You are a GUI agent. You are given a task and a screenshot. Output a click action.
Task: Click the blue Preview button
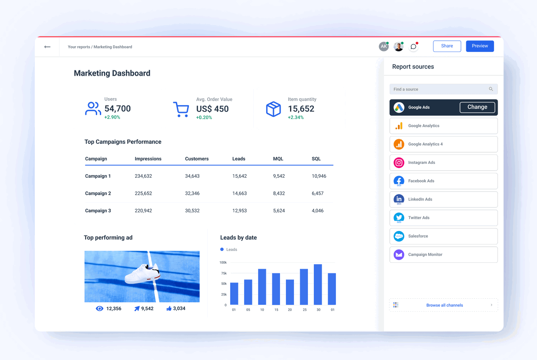click(x=480, y=46)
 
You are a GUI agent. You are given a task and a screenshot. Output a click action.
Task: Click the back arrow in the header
click(x=47, y=47)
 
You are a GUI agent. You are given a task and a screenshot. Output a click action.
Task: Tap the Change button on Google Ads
click(x=477, y=107)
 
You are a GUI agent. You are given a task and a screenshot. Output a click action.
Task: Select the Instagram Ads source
click(x=443, y=163)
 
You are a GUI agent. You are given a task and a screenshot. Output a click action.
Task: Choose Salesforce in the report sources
click(x=443, y=236)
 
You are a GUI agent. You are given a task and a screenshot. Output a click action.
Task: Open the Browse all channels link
click(x=444, y=305)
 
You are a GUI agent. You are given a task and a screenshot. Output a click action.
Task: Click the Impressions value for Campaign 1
click(x=143, y=176)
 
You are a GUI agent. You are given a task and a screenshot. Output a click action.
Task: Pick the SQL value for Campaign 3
click(x=317, y=211)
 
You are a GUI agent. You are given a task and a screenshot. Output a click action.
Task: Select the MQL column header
click(x=278, y=159)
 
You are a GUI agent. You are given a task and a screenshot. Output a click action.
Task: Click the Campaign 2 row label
click(x=98, y=193)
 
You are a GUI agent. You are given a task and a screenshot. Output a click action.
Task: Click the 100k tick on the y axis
click(x=223, y=262)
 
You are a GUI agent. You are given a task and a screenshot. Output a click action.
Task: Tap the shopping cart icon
click(x=181, y=109)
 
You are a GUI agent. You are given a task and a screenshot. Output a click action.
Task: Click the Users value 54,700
click(x=117, y=109)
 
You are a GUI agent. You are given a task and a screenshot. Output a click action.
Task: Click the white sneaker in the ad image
click(x=142, y=274)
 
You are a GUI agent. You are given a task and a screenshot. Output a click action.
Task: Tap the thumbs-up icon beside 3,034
click(x=169, y=309)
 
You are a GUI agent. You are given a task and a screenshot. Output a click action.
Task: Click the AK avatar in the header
click(x=384, y=47)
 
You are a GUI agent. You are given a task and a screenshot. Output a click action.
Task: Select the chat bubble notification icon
click(x=413, y=47)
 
